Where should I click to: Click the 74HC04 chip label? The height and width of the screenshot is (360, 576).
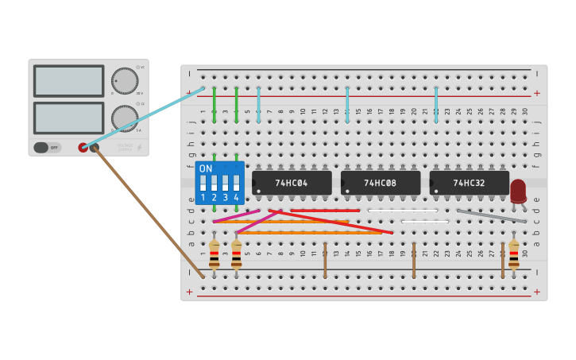pos(292,183)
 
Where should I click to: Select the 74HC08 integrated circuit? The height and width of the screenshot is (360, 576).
pos(381,183)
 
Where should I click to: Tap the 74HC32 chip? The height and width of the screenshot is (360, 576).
pos(470,183)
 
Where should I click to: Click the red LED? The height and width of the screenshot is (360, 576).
pos(518,190)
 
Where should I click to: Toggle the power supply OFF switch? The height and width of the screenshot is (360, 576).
pos(48,147)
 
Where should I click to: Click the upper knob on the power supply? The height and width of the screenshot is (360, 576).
pos(124,81)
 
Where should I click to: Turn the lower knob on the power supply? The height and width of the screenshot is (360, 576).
pos(123,118)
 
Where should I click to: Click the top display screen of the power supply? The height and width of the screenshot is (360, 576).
pos(68,81)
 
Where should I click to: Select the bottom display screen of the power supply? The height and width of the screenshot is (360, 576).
pos(68,118)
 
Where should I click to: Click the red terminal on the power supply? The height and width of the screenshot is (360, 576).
pos(83,147)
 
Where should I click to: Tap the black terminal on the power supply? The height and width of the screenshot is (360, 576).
pos(94,147)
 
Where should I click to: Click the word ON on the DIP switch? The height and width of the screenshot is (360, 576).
pos(206,168)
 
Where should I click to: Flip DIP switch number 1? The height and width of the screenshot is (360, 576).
pos(203,184)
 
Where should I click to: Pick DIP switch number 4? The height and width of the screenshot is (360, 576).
pos(236,184)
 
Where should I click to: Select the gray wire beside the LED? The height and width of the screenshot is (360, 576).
pos(491,215)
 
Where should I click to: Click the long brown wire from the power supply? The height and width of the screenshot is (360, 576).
pos(147,211)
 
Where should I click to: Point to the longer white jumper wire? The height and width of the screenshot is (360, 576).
pos(402,211)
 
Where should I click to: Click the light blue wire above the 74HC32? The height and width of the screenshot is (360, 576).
pos(436,105)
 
